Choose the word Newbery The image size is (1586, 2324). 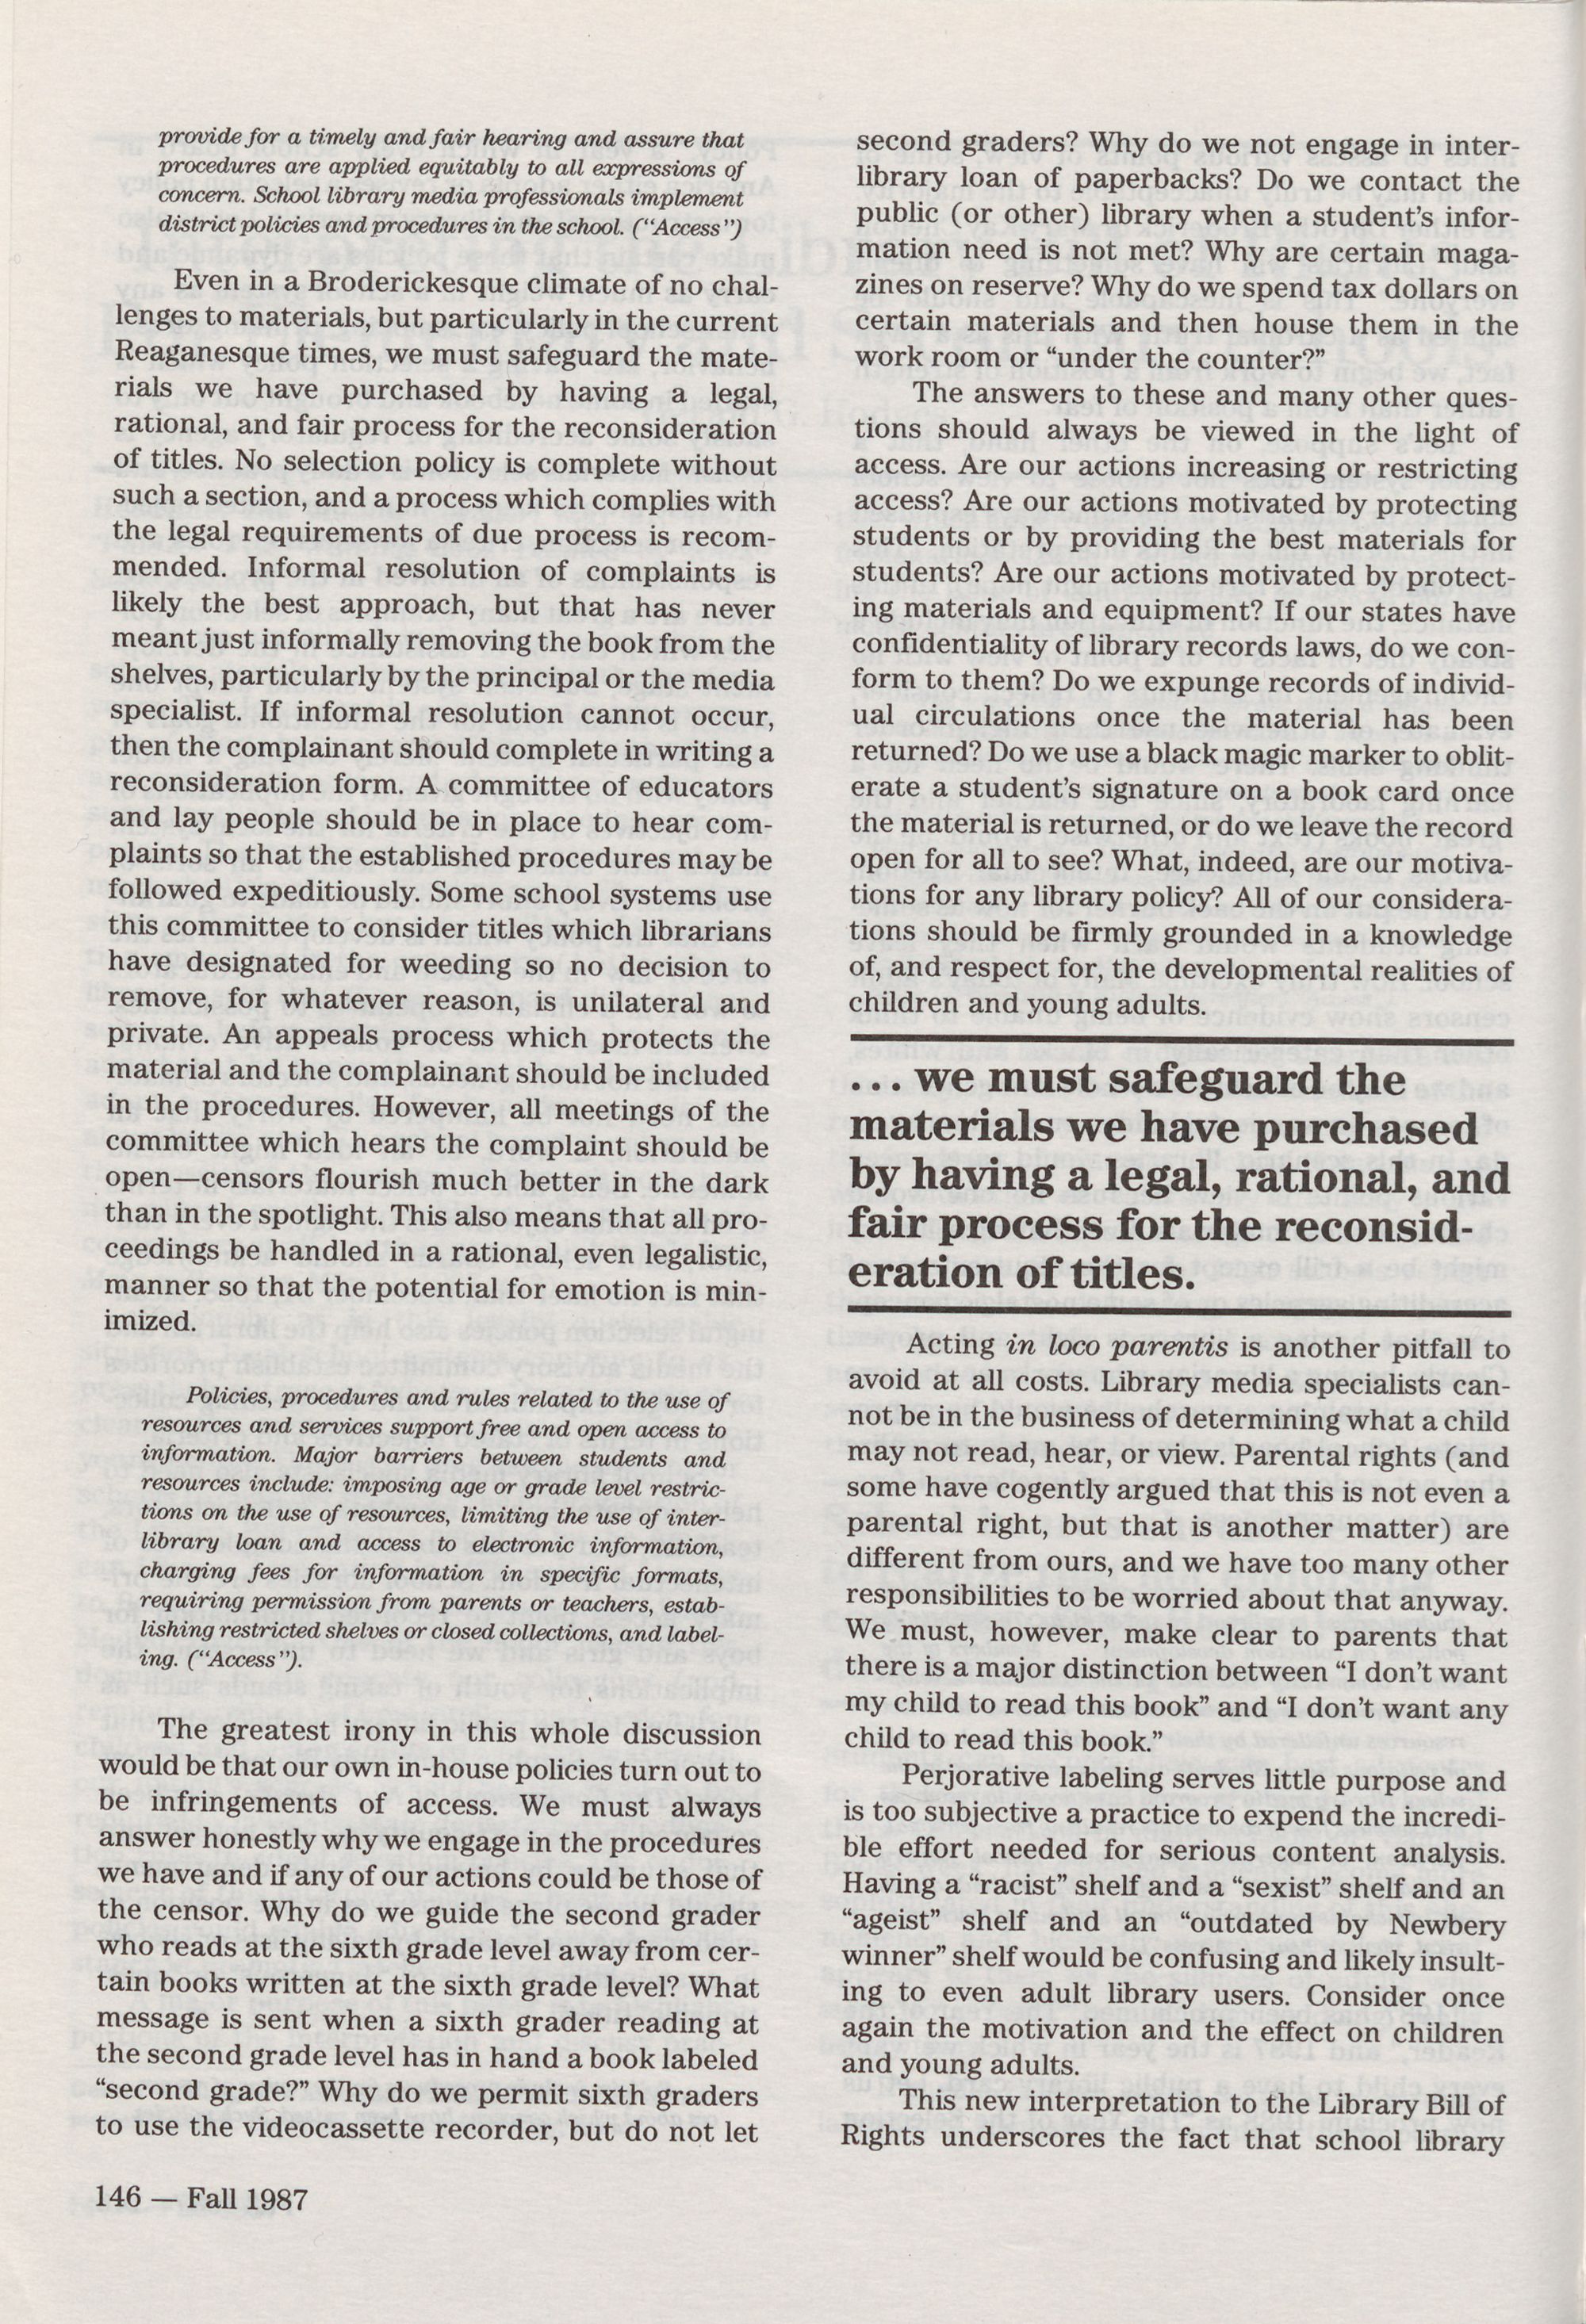[x=1449, y=1925]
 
